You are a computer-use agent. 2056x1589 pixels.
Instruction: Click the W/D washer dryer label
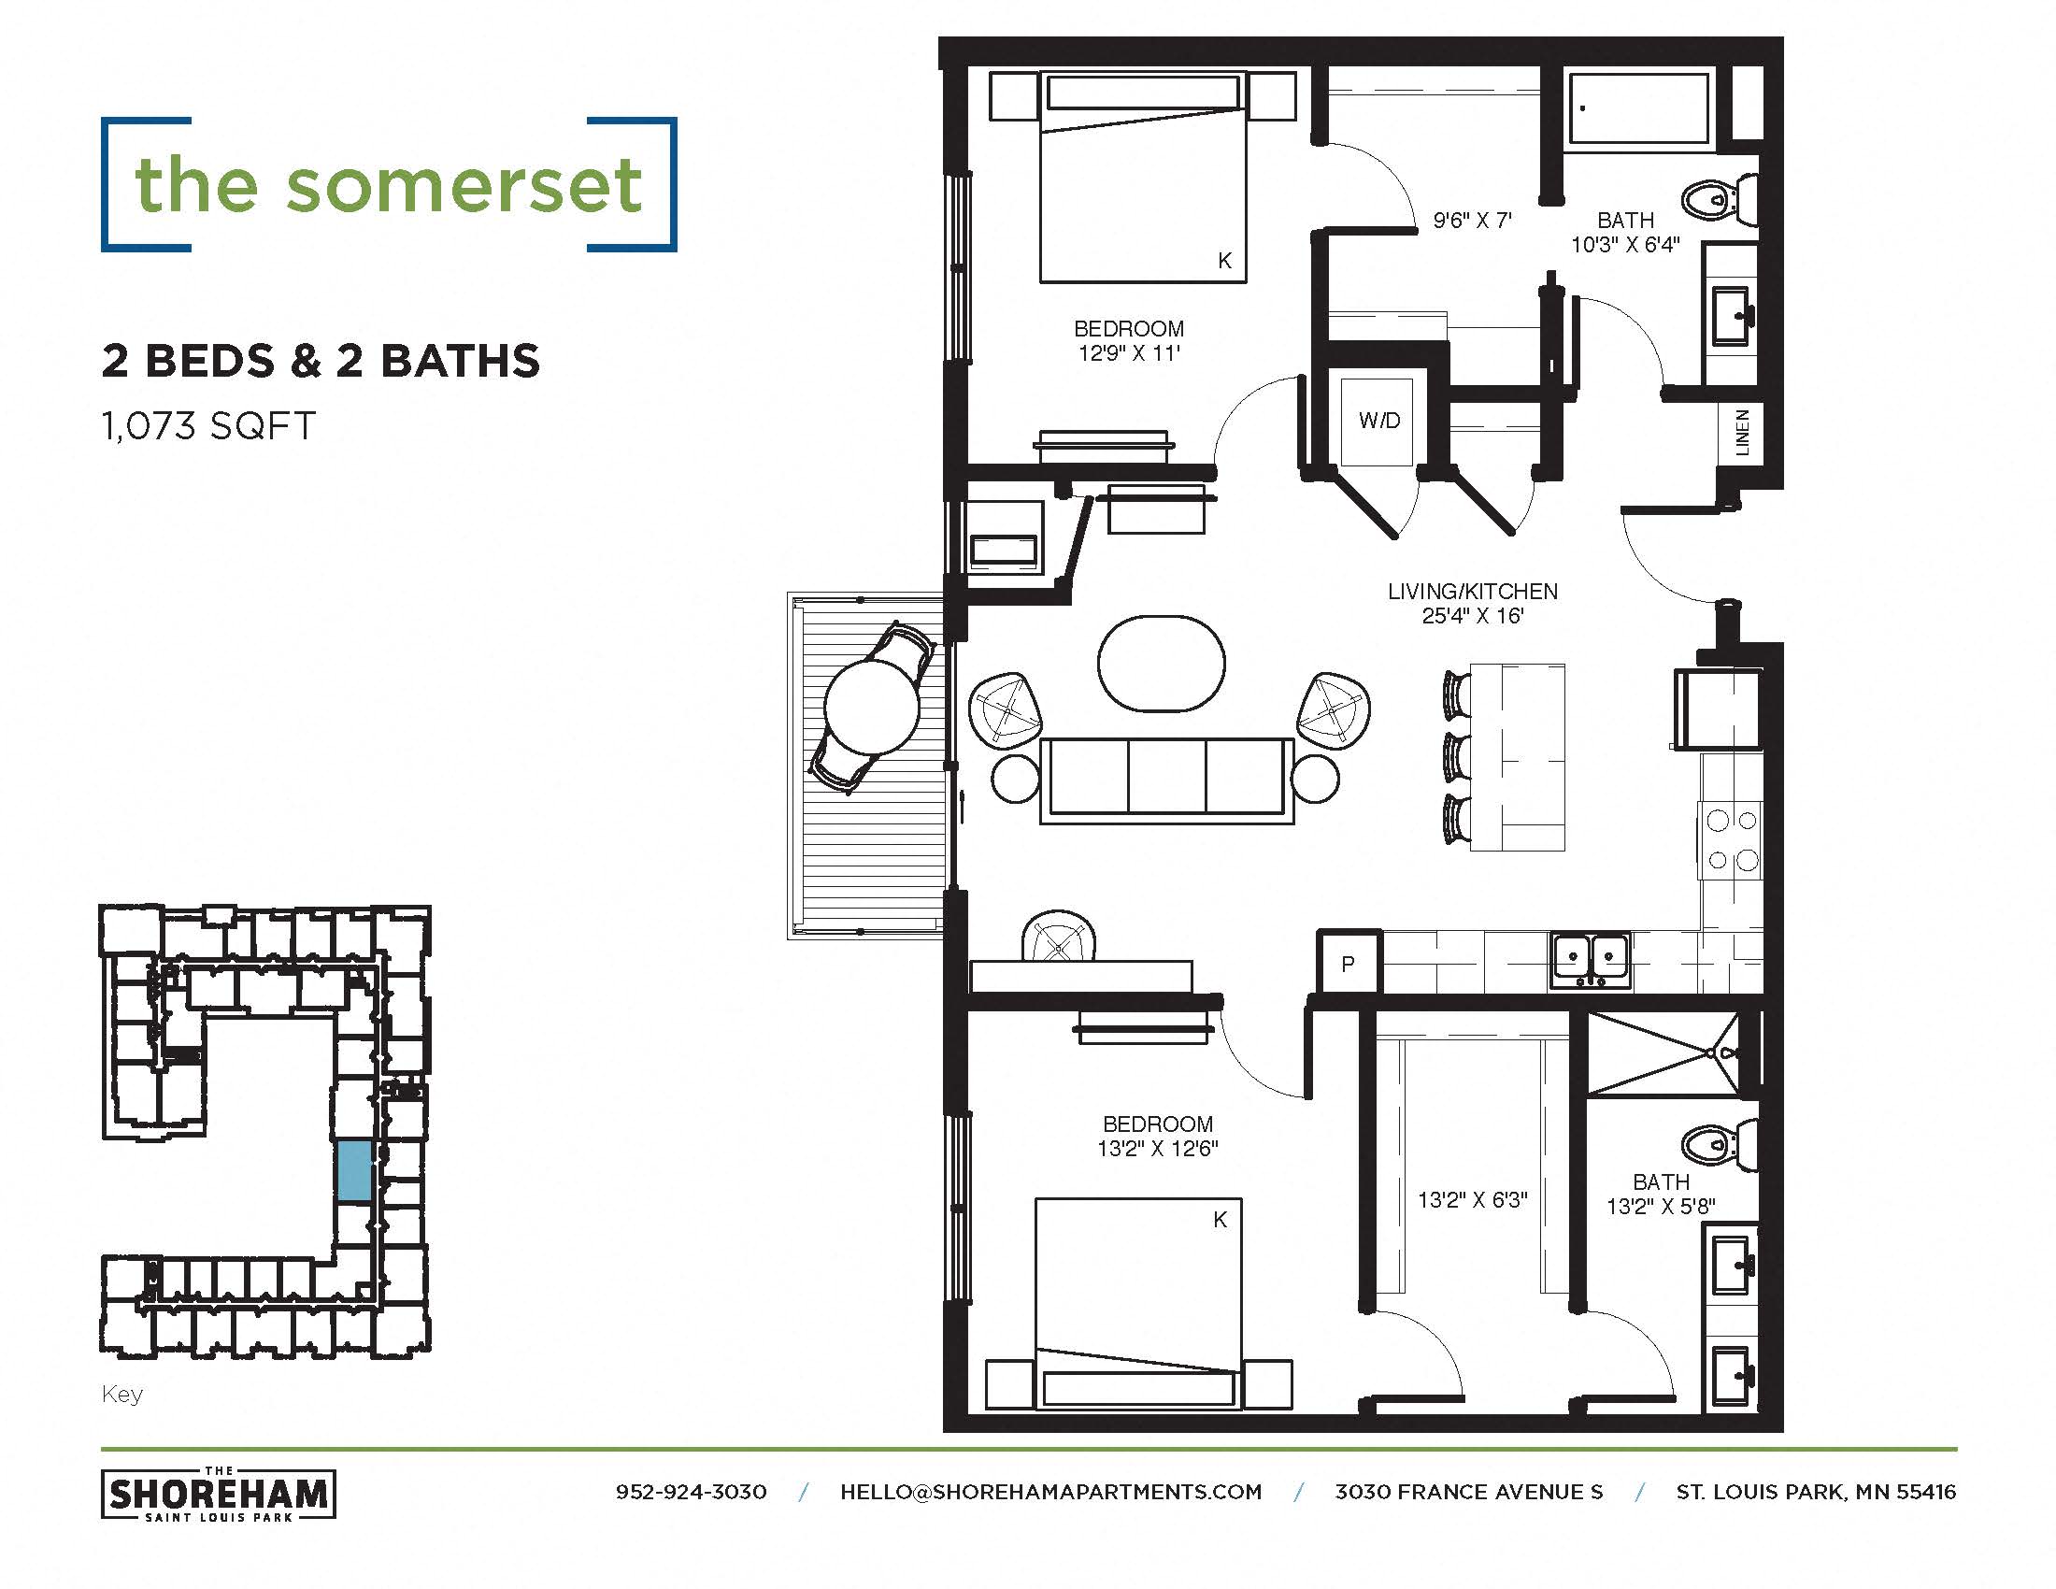point(1379,421)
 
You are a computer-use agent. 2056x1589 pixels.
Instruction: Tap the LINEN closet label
point(1743,433)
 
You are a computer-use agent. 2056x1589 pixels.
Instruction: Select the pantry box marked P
point(1348,963)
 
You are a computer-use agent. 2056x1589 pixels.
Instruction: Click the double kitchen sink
point(1591,960)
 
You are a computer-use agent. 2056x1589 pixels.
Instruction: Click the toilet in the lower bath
point(1718,1146)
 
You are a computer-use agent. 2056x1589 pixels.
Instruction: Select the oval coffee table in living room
point(1161,663)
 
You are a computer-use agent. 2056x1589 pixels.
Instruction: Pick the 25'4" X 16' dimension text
point(1472,617)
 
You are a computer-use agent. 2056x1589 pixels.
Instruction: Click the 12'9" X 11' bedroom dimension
point(1129,354)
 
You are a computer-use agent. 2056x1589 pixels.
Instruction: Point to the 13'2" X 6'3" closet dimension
point(1472,1200)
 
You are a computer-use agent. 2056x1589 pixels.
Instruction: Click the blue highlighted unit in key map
point(353,1170)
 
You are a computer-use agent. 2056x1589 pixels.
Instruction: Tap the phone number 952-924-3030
point(691,1492)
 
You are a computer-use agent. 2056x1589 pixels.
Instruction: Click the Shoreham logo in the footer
point(219,1494)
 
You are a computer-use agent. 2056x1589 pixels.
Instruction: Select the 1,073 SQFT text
point(208,426)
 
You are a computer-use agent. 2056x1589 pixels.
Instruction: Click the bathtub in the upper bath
point(1638,109)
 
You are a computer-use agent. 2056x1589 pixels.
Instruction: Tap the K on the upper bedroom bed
point(1225,261)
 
